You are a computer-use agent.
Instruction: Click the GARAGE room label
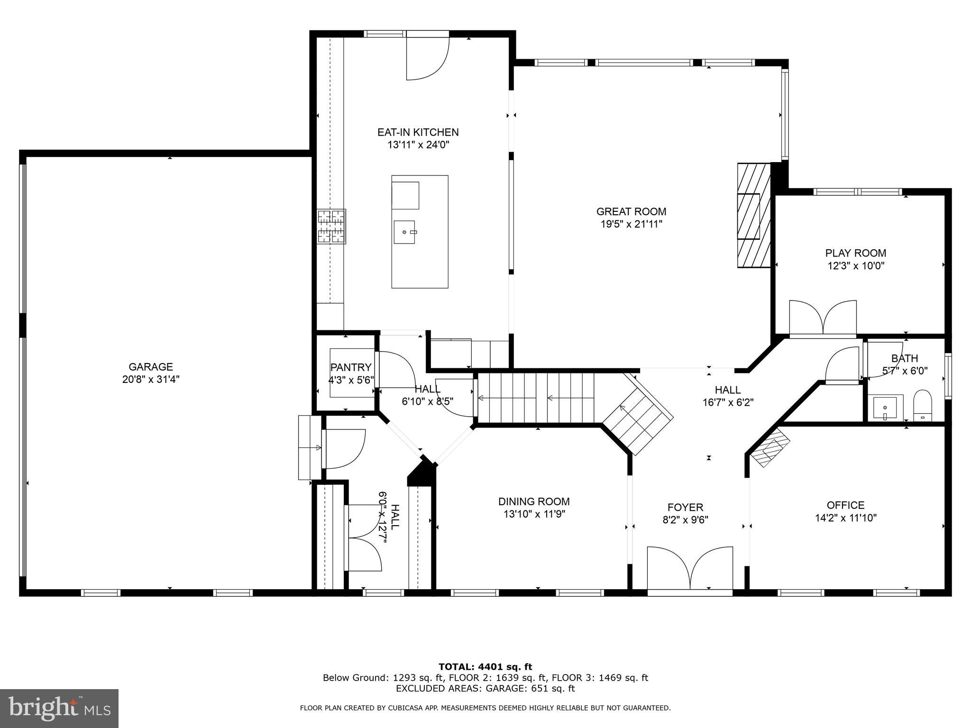click(x=151, y=367)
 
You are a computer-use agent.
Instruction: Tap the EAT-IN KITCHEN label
click(x=418, y=132)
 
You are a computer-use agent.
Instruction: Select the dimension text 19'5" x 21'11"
click(x=631, y=224)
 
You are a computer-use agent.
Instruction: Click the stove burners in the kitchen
click(x=331, y=227)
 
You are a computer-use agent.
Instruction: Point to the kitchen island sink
click(x=404, y=232)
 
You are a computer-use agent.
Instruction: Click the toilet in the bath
click(x=922, y=406)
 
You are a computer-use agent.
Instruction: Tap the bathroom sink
click(x=885, y=408)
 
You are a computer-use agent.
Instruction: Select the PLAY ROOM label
click(x=855, y=253)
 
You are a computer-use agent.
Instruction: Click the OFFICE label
click(x=845, y=505)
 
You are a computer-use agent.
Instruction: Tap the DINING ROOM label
click(x=534, y=501)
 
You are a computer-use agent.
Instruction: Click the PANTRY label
click(x=351, y=367)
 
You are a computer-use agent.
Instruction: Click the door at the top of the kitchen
click(x=427, y=57)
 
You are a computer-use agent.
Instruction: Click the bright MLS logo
click(x=59, y=708)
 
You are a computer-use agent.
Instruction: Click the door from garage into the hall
click(x=344, y=448)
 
